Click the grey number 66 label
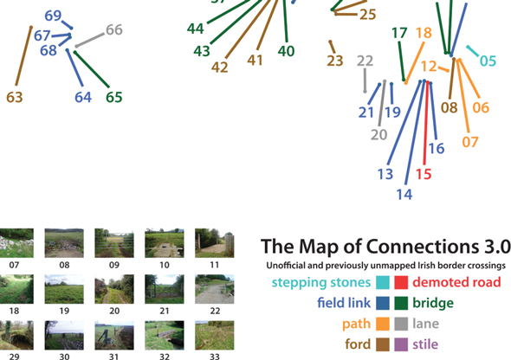(x=114, y=30)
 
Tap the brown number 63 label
(x=15, y=97)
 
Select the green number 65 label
(x=114, y=97)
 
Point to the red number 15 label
(x=424, y=174)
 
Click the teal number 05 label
(x=488, y=61)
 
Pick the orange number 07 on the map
(x=470, y=142)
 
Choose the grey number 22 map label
(x=365, y=61)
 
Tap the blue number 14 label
(x=404, y=195)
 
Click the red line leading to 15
(x=426, y=123)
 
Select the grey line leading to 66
(x=90, y=40)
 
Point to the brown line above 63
(x=23, y=56)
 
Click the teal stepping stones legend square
(x=383, y=282)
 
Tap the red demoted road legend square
(x=401, y=282)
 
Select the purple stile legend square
(x=401, y=344)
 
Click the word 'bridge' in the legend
(x=433, y=303)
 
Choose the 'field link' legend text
(x=344, y=303)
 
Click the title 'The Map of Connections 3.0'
(x=386, y=247)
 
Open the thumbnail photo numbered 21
(x=165, y=289)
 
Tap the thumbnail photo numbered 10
(x=165, y=243)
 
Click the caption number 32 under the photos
(x=165, y=357)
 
